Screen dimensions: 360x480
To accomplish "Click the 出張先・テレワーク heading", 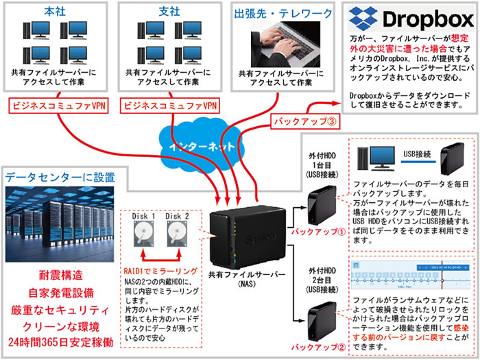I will (278, 13).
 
